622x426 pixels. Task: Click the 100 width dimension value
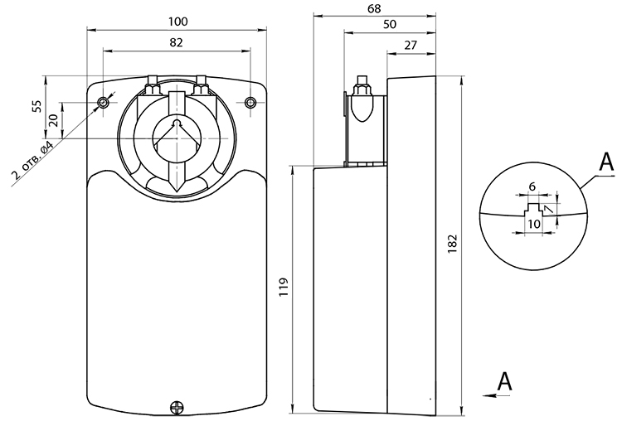click(177, 22)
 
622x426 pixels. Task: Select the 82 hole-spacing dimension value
click(176, 42)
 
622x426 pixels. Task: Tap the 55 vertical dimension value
click(36, 106)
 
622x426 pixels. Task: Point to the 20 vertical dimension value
click(54, 120)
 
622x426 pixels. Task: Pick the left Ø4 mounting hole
click(103, 103)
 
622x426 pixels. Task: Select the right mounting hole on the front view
click(250, 103)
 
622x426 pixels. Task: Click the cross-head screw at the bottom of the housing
click(177, 407)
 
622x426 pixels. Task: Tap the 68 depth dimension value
click(374, 8)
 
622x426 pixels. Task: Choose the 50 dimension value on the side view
click(390, 25)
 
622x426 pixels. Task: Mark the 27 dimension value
click(411, 46)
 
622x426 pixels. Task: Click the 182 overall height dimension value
click(453, 244)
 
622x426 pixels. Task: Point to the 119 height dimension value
click(283, 288)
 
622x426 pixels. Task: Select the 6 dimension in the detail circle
click(532, 186)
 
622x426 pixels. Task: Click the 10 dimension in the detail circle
click(534, 224)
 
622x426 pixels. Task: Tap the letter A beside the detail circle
click(606, 162)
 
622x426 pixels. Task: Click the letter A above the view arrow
click(504, 381)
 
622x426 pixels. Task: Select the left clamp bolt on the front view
click(153, 85)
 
